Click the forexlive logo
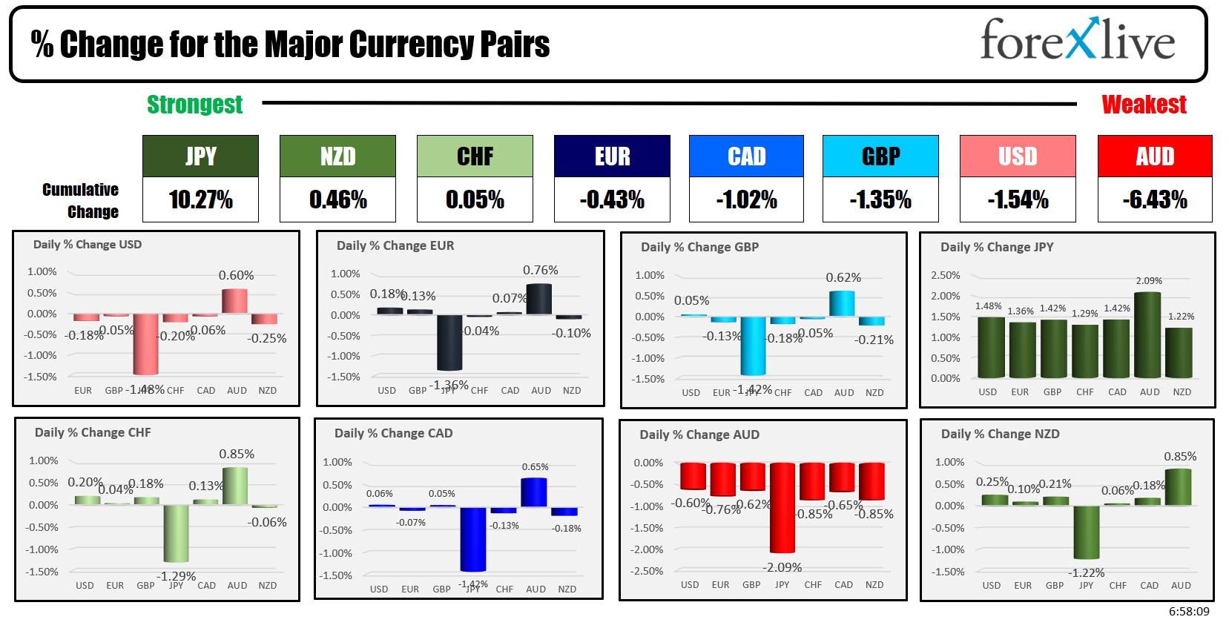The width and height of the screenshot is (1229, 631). point(1077,41)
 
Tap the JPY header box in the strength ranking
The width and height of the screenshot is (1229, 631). point(200,156)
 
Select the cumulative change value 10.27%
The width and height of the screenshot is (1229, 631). point(200,199)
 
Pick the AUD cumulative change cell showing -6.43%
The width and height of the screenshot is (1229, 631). point(1154,199)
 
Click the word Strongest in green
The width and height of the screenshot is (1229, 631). point(194,105)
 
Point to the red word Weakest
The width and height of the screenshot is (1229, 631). point(1144,105)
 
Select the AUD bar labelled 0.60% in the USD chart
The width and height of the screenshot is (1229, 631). point(235,301)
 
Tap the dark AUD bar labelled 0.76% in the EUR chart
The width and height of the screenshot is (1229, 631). point(539,299)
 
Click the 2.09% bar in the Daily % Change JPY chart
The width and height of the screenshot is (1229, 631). point(1148,335)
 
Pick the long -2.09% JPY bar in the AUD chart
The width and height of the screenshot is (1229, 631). point(782,508)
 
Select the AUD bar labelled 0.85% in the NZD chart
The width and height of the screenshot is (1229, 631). point(1179,487)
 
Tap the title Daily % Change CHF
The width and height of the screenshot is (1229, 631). point(93,432)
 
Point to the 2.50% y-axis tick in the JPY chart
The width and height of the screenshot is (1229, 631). point(945,275)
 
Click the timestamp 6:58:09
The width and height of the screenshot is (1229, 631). point(1188,612)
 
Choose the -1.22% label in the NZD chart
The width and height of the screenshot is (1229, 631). point(1086,573)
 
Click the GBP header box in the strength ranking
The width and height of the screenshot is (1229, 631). point(880,156)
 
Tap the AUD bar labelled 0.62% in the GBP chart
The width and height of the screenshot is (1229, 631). point(842,303)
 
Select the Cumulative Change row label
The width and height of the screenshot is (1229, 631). point(81,200)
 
